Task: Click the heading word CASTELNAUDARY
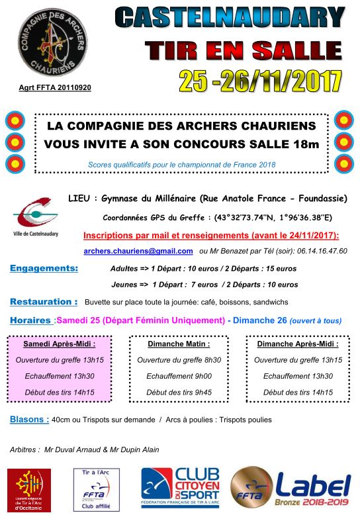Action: (230, 17)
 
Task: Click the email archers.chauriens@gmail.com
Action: (138, 251)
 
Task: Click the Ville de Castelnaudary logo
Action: (36, 219)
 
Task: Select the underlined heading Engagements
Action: (44, 268)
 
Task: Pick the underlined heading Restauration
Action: (44, 302)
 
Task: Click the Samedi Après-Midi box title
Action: (60, 344)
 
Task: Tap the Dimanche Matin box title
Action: (179, 344)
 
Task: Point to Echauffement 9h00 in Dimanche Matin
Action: (179, 376)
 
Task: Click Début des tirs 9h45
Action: (179, 392)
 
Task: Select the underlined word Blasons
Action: (29, 419)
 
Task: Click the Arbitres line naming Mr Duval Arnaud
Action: (85, 449)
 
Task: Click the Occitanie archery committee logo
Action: (28, 489)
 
